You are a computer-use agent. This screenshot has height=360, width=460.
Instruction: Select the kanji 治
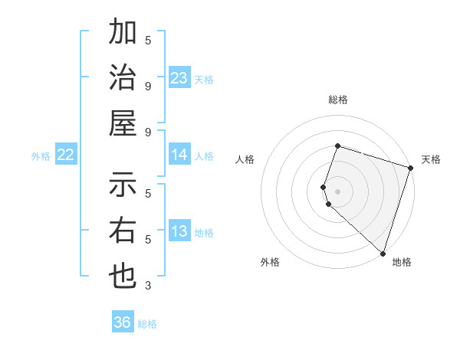123,78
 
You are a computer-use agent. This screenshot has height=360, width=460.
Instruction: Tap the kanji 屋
123,123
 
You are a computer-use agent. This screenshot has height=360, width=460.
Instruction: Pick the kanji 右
123,231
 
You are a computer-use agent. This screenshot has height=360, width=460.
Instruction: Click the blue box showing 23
179,78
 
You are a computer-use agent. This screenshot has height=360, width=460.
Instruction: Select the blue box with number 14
179,155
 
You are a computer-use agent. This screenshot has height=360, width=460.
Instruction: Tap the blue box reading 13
179,231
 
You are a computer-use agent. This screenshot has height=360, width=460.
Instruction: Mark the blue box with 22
66,155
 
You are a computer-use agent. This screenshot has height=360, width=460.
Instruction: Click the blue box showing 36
123,322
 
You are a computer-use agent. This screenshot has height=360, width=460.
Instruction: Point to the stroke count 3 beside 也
148,286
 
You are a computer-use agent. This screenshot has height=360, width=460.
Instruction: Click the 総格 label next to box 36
147,324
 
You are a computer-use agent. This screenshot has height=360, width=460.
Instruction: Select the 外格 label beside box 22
41,156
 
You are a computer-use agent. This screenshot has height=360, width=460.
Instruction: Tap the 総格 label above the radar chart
337,100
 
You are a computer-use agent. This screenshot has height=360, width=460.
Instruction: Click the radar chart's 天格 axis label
431,159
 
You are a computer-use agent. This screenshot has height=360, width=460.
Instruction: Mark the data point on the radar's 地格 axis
383,253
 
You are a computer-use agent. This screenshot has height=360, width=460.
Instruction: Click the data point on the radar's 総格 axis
337,146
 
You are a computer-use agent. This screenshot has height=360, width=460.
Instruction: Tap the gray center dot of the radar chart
337,191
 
